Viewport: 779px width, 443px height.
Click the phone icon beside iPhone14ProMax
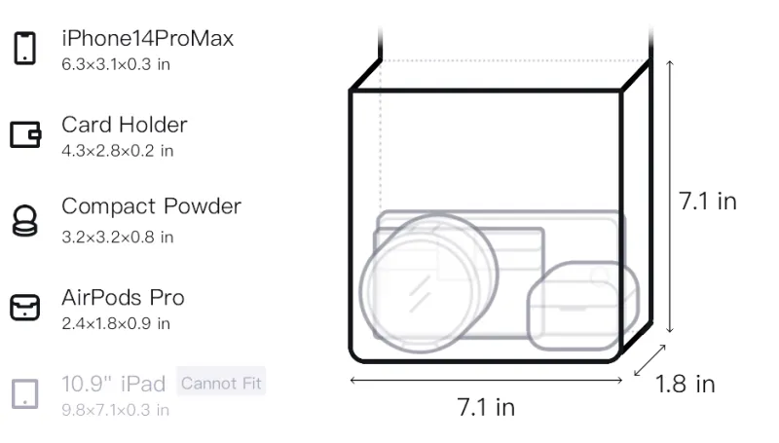click(x=25, y=48)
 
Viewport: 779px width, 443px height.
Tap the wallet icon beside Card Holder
click(x=25, y=134)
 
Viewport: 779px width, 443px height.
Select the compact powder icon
click(x=24, y=220)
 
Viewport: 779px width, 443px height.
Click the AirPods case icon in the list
click(x=25, y=308)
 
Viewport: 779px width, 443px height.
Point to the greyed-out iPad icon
click(x=25, y=394)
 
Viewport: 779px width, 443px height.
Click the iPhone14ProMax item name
click(x=148, y=39)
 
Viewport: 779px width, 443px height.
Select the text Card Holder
click(x=125, y=125)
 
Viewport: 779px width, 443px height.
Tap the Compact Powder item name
click(x=151, y=206)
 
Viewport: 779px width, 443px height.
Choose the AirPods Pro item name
click(x=123, y=298)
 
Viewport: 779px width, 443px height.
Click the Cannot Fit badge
click(x=221, y=383)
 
